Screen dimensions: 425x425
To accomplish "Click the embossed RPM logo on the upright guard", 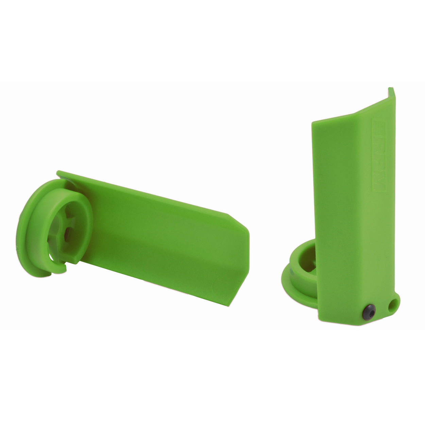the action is point(379,155).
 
